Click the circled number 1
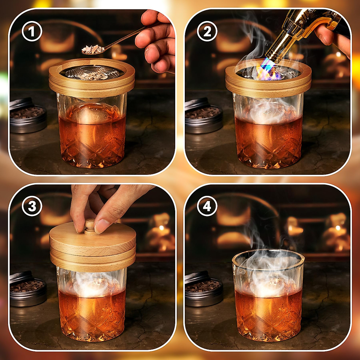click(32, 32)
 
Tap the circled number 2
click(207, 32)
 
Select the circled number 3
click(32, 207)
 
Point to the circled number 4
click(207, 207)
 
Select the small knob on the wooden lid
click(89, 226)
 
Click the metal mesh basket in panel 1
click(90, 74)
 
